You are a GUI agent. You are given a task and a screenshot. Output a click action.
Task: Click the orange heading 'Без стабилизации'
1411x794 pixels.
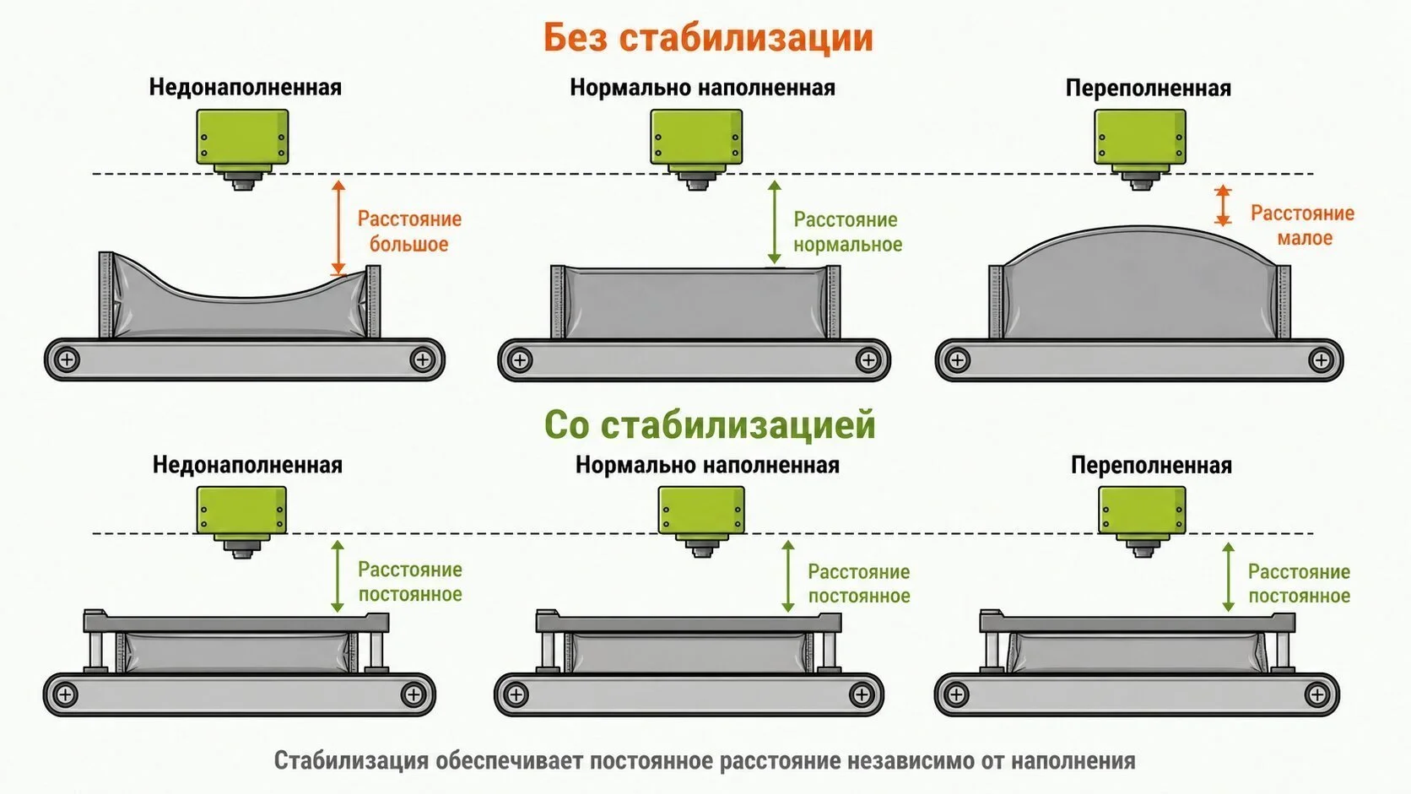pyautogui.click(x=708, y=38)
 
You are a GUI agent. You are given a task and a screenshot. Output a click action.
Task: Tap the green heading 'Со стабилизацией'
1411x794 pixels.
pyautogui.click(x=710, y=424)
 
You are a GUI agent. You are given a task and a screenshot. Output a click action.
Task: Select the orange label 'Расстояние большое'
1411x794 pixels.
pyautogui.click(x=409, y=231)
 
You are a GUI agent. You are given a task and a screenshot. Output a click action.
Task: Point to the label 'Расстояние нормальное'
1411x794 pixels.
pyautogui.click(x=847, y=232)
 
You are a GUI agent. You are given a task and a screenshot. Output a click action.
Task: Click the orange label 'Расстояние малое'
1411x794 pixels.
pyautogui.click(x=1303, y=225)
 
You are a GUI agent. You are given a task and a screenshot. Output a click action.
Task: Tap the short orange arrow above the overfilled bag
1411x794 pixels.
pyautogui.click(x=1223, y=205)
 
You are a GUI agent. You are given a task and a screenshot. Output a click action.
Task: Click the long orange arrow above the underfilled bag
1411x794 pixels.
pyautogui.click(x=339, y=228)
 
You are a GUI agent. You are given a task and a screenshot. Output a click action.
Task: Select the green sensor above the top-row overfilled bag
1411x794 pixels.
pyautogui.click(x=1140, y=149)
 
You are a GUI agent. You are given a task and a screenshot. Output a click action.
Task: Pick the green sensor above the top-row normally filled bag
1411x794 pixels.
pyautogui.click(x=696, y=149)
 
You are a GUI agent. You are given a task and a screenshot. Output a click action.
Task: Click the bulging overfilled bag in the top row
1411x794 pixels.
pyautogui.click(x=1139, y=284)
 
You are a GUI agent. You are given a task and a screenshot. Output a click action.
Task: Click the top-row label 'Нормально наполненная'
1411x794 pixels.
pyautogui.click(x=702, y=88)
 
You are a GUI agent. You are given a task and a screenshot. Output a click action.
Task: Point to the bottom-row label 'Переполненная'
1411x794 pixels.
pyautogui.click(x=1151, y=465)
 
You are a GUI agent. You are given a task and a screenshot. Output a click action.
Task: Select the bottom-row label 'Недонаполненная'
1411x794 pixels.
pyautogui.click(x=247, y=465)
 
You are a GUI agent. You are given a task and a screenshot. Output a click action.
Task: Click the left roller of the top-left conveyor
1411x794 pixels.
pyautogui.click(x=67, y=360)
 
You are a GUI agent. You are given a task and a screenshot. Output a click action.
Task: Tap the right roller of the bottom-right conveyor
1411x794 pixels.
pyautogui.click(x=1317, y=694)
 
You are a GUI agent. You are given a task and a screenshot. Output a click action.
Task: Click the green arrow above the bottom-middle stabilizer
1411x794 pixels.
pyautogui.click(x=787, y=576)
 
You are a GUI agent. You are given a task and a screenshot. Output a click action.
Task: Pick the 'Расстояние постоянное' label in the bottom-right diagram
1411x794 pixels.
pyautogui.click(x=1299, y=584)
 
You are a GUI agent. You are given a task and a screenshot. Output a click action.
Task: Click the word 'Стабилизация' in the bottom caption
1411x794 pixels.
pyautogui.click(x=351, y=760)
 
